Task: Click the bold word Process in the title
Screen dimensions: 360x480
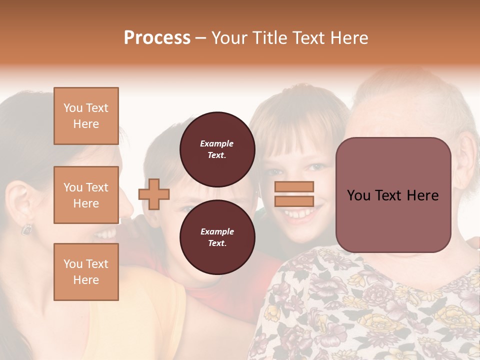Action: (x=157, y=38)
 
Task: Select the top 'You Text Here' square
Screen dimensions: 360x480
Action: (x=86, y=116)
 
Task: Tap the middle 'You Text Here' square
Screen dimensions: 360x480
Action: (x=86, y=195)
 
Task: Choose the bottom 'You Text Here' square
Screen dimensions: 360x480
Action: (x=86, y=272)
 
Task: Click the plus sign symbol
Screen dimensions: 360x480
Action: (x=154, y=194)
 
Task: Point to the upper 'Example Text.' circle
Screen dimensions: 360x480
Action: (x=217, y=149)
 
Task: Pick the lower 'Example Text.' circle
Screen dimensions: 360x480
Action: (x=217, y=237)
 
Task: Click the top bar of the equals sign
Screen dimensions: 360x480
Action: (x=294, y=187)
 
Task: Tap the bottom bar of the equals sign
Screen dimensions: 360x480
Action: (x=294, y=201)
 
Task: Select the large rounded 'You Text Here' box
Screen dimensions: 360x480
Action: (x=393, y=195)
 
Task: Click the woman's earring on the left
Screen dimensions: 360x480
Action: (x=26, y=229)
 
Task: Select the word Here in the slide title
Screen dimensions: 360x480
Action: (x=349, y=38)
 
